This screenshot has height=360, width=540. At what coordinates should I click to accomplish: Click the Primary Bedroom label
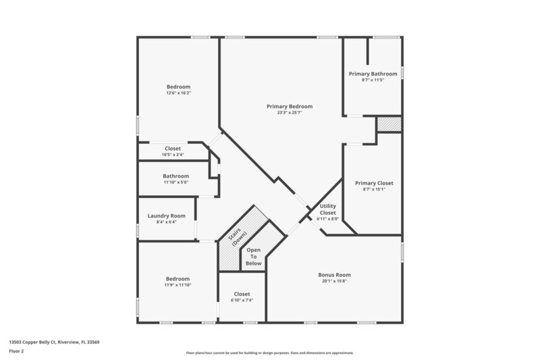[x=290, y=106]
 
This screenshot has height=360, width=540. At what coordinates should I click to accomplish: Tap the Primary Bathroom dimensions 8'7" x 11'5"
[x=373, y=80]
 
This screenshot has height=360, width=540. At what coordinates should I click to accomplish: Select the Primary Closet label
[x=374, y=183]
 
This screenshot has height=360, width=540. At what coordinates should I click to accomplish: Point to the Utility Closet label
[x=328, y=209]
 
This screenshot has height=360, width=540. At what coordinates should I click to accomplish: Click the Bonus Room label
[x=334, y=275]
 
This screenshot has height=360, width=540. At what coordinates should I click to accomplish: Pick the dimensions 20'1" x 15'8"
[x=334, y=282]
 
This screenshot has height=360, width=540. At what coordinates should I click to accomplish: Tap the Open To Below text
[x=254, y=257]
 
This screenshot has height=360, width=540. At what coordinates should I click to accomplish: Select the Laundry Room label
[x=166, y=215]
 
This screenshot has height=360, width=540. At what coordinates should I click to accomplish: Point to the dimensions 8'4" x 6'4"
[x=166, y=222]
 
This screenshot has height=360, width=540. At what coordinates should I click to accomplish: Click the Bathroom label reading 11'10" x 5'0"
[x=175, y=176]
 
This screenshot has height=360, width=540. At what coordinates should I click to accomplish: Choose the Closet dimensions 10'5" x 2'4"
[x=173, y=155]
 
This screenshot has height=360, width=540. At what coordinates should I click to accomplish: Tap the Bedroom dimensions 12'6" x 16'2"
[x=179, y=93]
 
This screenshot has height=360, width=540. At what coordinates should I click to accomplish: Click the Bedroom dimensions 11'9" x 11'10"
[x=178, y=286]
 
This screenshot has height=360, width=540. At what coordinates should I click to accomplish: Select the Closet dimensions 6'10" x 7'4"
[x=242, y=301]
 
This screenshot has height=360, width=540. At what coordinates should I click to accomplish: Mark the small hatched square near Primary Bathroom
[x=388, y=124]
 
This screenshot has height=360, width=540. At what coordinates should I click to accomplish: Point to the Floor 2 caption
[x=16, y=351]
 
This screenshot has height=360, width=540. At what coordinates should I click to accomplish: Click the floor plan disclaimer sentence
[x=270, y=353]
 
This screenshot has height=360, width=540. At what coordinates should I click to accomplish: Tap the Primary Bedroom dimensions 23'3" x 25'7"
[x=290, y=113]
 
